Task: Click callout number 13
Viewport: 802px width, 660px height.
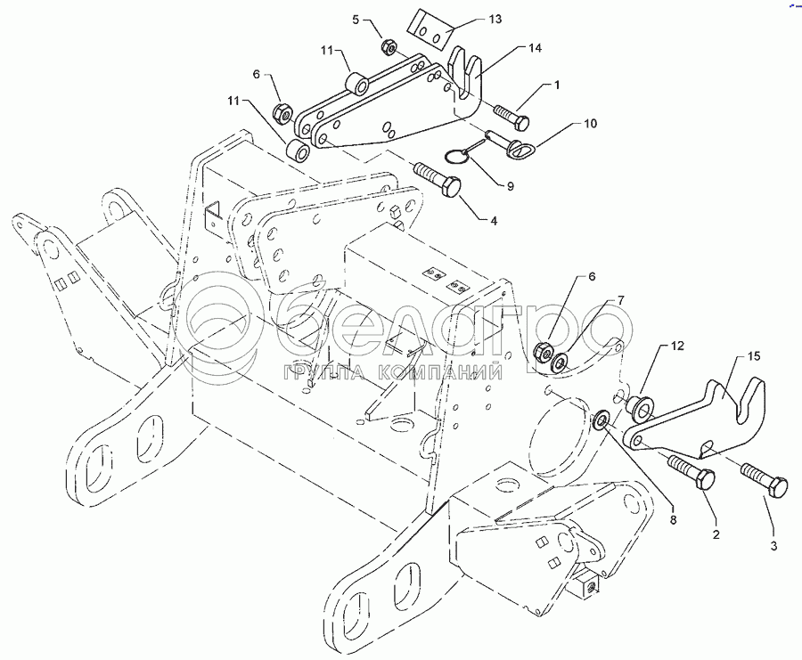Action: pyautogui.click(x=495, y=20)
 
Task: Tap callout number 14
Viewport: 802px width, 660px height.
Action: pyautogui.click(x=535, y=48)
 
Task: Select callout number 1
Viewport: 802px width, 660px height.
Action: pyautogui.click(x=557, y=85)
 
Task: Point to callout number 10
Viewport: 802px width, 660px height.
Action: pyautogui.click(x=590, y=124)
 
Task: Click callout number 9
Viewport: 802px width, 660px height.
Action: pyautogui.click(x=510, y=186)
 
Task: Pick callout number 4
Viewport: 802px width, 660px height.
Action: pyautogui.click(x=493, y=221)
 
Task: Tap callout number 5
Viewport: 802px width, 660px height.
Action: pyautogui.click(x=356, y=20)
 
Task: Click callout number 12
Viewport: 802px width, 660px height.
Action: pyautogui.click(x=677, y=346)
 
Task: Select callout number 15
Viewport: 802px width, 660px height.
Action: pyautogui.click(x=754, y=355)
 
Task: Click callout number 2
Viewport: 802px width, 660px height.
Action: pyautogui.click(x=716, y=534)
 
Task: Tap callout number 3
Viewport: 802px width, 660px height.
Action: pyautogui.click(x=773, y=546)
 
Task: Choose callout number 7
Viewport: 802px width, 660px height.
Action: pyautogui.click(x=620, y=300)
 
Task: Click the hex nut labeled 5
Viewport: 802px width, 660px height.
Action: pyautogui.click(x=388, y=47)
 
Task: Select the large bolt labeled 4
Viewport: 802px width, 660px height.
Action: pyautogui.click(x=438, y=179)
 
